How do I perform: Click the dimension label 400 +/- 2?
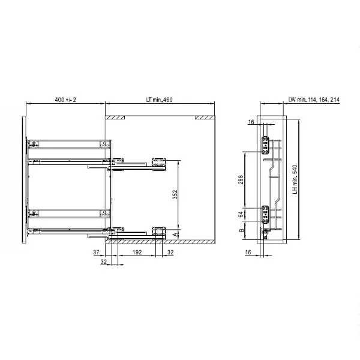(x=65, y=100)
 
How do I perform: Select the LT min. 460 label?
(x=160, y=100)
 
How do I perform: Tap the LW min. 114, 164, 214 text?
(x=314, y=100)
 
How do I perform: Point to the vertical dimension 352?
(x=175, y=194)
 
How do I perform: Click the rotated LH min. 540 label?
(x=295, y=179)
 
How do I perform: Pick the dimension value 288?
(x=241, y=179)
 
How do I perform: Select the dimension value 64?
(x=241, y=215)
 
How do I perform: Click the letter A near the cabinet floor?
(x=175, y=235)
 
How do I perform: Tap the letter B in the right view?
(x=242, y=230)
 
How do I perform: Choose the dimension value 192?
(x=137, y=252)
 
